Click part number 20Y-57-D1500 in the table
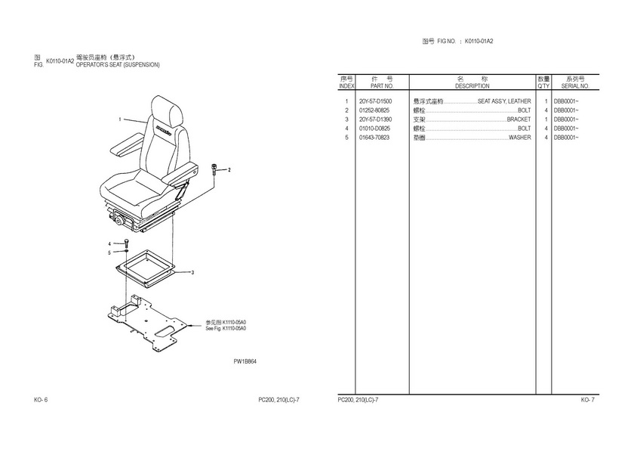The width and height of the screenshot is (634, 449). coord(375,101)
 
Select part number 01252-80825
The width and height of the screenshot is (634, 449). coord(374,110)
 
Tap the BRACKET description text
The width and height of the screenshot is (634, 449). coord(519,119)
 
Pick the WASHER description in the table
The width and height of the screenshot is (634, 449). coord(519,138)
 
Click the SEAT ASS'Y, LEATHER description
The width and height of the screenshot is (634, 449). coord(504,101)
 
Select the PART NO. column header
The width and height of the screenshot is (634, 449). coord(382,86)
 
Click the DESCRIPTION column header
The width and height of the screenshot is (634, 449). coord(472,86)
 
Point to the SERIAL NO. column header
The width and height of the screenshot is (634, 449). coord(575,86)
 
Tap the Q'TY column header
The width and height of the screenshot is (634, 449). coord(543,86)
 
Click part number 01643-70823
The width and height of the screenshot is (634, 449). coord(374,138)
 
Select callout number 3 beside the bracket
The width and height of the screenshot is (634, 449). coord(192,272)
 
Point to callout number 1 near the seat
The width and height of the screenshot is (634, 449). coord(120,119)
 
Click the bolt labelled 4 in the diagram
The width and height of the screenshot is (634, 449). coord(127,243)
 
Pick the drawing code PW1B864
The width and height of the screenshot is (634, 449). coord(245,361)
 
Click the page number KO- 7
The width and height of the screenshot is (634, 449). coord(587,400)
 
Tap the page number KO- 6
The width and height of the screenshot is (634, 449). coord(41,400)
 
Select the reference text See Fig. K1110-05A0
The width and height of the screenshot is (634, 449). coord(226,328)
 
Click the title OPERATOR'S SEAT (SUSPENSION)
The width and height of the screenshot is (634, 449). coord(118,65)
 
